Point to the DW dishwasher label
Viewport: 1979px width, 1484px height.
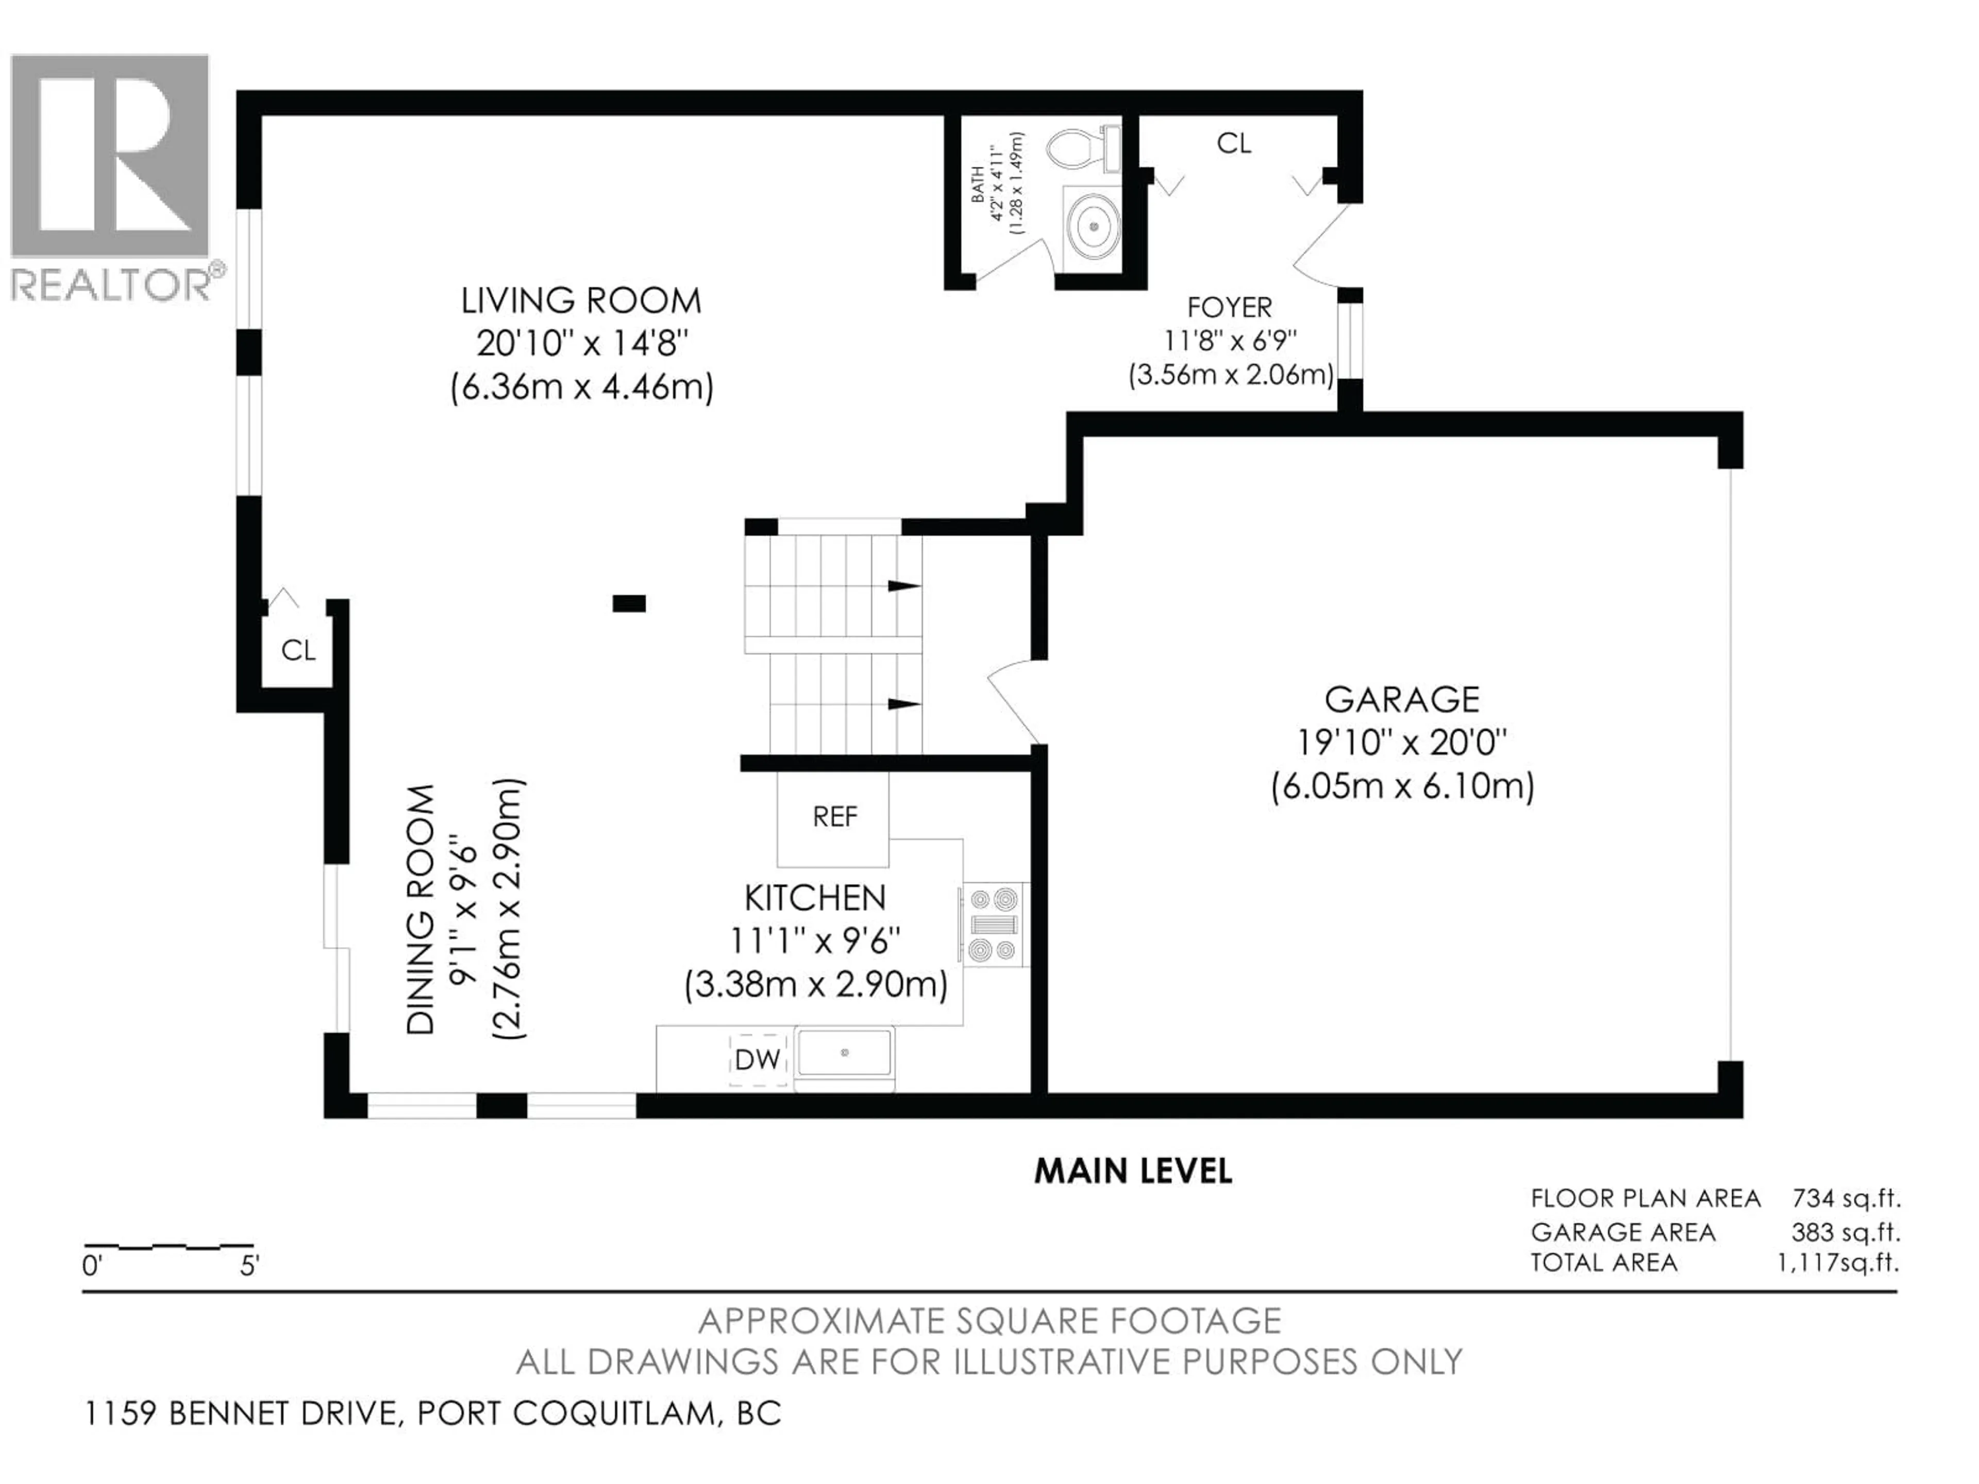tap(757, 1060)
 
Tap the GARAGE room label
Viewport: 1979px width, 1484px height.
tap(1402, 699)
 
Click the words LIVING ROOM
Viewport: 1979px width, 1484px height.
tap(581, 300)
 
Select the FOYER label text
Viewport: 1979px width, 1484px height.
tap(1229, 307)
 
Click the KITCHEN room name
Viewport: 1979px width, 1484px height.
tap(815, 897)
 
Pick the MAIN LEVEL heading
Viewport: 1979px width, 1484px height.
tap(1133, 1171)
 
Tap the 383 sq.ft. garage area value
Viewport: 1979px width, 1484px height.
tap(1846, 1232)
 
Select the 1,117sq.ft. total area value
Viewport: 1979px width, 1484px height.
tap(1838, 1262)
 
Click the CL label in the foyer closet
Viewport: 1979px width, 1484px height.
tap(1234, 143)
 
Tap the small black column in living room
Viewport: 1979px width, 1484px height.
tap(629, 604)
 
